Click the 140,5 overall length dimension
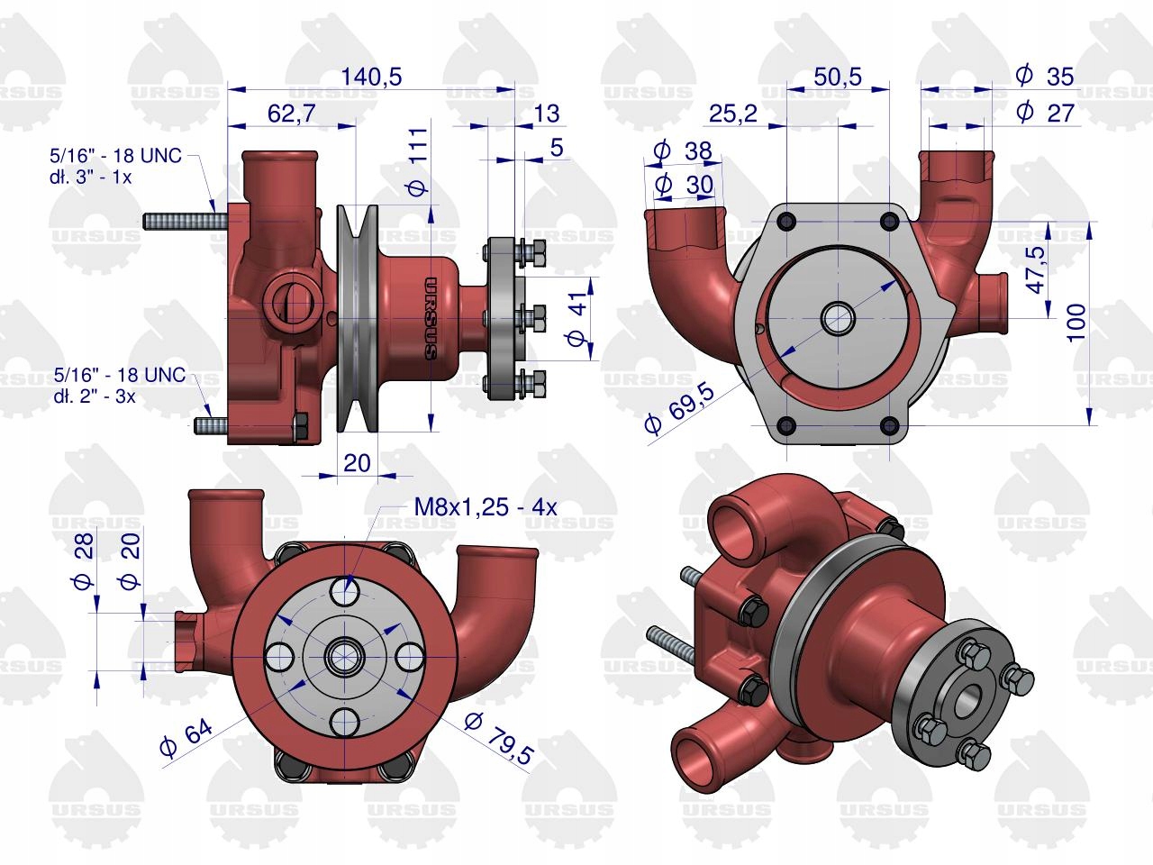pos(371,77)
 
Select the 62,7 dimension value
pos(292,114)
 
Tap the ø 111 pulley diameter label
pos(419,162)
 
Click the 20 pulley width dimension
pos(358,463)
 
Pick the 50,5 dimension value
pos(838,77)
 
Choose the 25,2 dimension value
pos(733,114)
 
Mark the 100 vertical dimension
pos(1076,323)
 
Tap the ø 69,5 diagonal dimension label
pos(680,407)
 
